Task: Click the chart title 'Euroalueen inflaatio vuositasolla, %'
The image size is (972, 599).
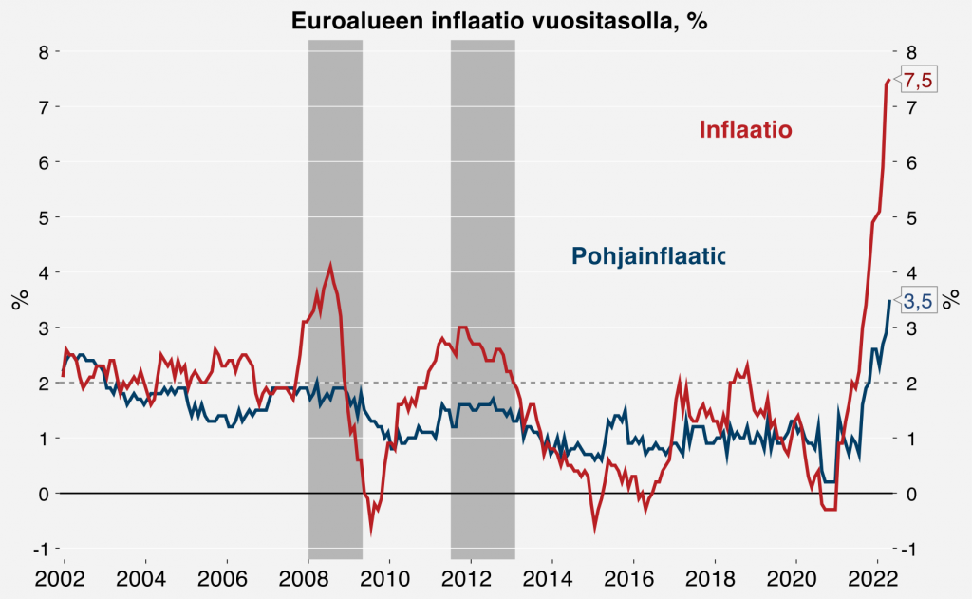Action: tap(486, 20)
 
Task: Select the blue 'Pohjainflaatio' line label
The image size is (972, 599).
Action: tap(647, 255)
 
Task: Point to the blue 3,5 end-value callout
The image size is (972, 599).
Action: tap(918, 302)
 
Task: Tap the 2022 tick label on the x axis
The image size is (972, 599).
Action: tap(874, 579)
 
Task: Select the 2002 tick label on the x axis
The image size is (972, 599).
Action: tap(64, 579)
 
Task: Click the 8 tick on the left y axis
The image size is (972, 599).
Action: tap(43, 51)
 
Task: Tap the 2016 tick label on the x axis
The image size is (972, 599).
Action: tap(631, 579)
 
